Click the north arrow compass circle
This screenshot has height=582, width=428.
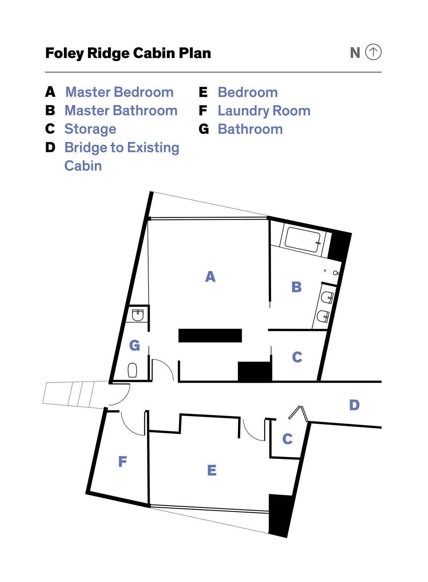point(373,52)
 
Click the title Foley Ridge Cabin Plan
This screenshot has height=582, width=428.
point(128,53)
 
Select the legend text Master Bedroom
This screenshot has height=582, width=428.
point(120,92)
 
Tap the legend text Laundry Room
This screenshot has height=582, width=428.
point(264,111)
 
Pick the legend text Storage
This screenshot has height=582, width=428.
point(90,129)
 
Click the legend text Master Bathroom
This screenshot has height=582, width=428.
point(121,111)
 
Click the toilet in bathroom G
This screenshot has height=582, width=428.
point(132,370)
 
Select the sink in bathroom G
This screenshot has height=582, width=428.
point(138,315)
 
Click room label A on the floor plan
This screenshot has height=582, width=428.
point(210,276)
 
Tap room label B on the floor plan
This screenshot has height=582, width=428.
point(296,287)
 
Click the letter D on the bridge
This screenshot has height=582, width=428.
point(354,405)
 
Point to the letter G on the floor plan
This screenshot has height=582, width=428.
point(134,345)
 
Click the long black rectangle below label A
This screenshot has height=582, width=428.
point(210,335)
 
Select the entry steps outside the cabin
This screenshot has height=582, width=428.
point(76,395)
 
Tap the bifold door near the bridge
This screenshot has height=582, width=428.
point(299,413)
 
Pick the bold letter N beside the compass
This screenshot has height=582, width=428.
point(355,53)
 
